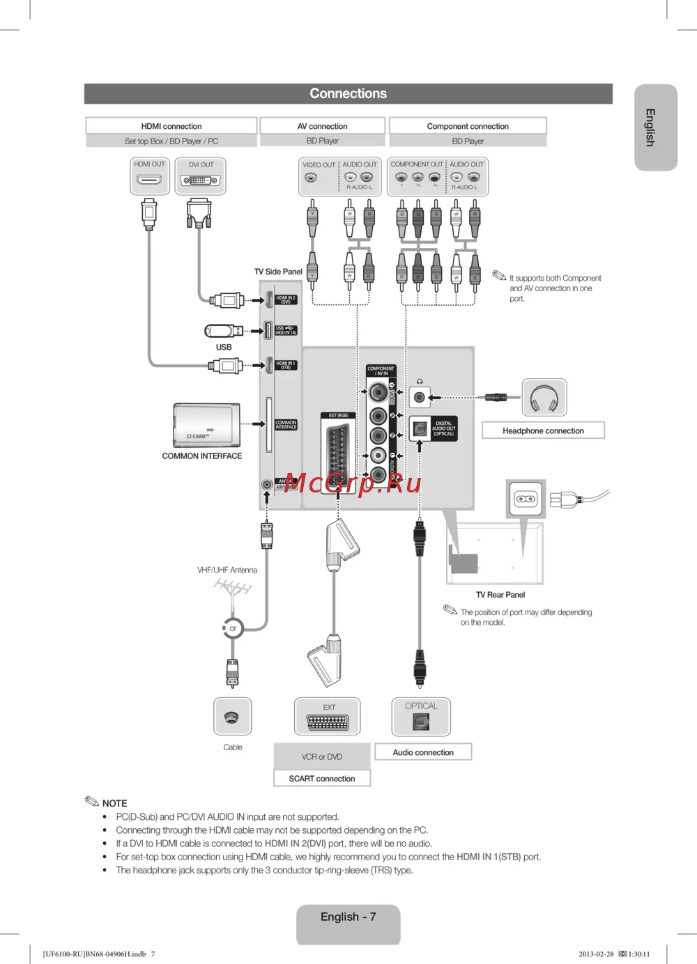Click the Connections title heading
348,93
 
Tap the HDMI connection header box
171,126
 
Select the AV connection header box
322,126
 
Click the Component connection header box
468,126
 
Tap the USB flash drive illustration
223,331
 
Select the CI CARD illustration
207,425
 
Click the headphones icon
544,398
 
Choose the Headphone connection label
543,430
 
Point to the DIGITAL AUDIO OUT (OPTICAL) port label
443,428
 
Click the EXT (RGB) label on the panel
339,416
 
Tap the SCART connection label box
322,778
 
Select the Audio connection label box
423,752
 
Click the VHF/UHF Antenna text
227,570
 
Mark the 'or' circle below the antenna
233,628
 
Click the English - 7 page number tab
348,917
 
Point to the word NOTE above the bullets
114,803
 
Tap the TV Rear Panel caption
500,595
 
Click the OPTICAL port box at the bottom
421,717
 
